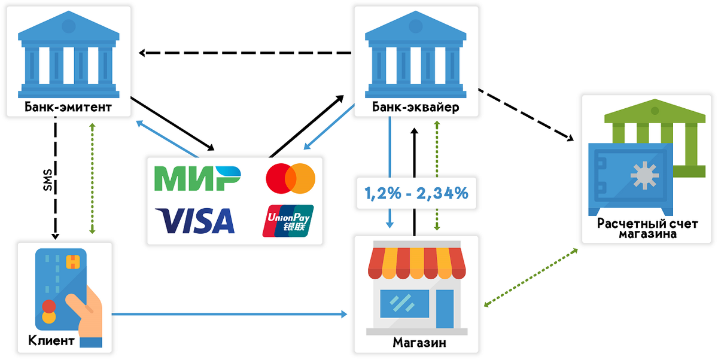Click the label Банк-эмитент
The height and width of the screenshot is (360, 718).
(68, 107)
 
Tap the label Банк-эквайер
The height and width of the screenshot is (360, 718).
(415, 107)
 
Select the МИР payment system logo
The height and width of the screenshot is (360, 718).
(197, 178)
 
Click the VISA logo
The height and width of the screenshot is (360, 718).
(195, 220)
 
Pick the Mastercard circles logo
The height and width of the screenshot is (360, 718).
(290, 178)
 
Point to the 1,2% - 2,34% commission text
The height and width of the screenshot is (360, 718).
(416, 193)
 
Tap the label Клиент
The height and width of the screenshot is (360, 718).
(51, 341)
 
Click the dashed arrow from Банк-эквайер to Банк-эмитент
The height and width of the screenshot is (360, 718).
(245, 53)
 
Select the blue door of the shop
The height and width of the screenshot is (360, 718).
(445, 309)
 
